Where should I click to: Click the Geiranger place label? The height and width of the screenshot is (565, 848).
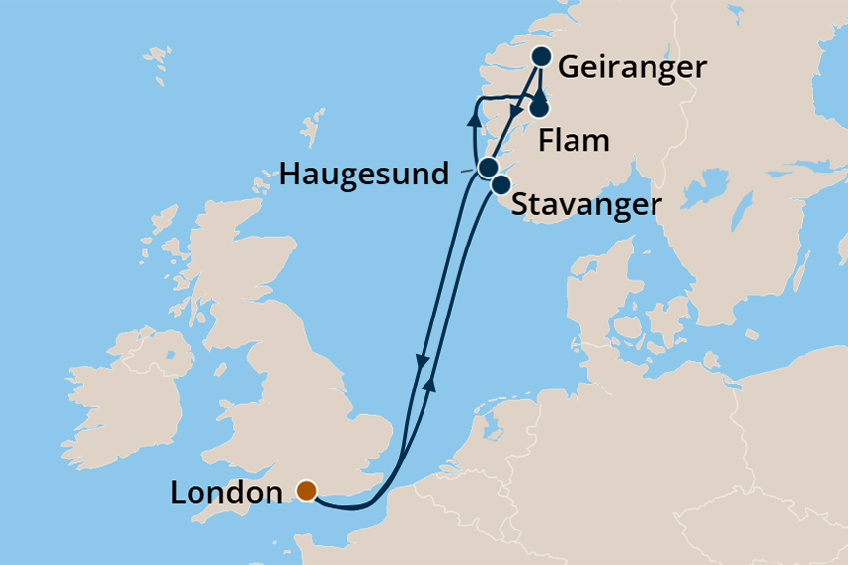point(633,68)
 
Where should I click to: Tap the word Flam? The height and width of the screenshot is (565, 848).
point(574,141)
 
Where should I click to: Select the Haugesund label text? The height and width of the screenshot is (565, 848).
point(365,176)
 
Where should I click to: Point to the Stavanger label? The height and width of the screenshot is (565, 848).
point(585,206)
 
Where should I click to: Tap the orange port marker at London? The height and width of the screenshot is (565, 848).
point(306,490)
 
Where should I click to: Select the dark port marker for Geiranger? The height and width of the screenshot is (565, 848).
point(542,56)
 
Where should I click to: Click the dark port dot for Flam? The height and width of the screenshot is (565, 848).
point(540,108)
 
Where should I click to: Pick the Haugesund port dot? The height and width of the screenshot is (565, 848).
point(487,168)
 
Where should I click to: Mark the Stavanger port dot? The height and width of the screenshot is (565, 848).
point(501,184)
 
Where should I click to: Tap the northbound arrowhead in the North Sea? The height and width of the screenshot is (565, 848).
point(429,385)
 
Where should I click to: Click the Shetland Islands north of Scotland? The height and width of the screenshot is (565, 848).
point(313,129)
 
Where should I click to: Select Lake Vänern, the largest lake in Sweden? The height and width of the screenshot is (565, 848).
point(710,183)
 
